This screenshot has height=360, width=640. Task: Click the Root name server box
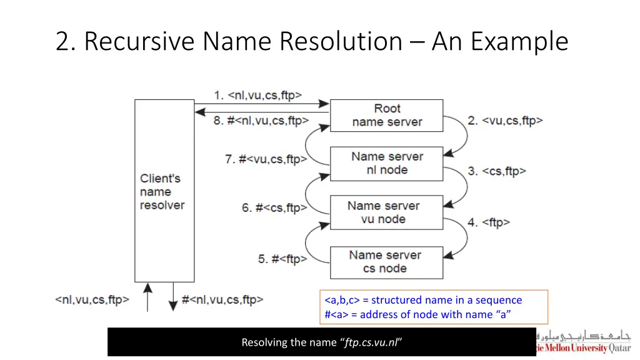coord(386,116)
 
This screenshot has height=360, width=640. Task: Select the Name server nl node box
coord(386,164)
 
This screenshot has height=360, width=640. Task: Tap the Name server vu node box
coord(386,212)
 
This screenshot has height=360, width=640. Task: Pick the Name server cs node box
coord(386,262)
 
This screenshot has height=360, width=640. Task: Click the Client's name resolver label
coord(162,192)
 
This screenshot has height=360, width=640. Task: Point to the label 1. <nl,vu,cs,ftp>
coord(257,96)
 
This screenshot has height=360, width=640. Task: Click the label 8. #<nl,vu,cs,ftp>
coord(261,121)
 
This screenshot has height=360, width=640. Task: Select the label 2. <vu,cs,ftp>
coord(506,121)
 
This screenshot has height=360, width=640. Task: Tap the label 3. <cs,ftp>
coord(497,171)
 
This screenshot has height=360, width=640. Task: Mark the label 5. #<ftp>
coord(282,259)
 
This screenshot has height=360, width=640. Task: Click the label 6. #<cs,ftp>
coord(274,208)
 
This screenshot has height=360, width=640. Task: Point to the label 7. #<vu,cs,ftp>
coord(266,159)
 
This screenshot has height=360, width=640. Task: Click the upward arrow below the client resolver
coord(147,297)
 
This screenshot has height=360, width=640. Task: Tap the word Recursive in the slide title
coord(142,42)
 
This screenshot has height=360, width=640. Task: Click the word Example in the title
coord(519,42)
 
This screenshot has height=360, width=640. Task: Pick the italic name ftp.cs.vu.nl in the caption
coord(372,342)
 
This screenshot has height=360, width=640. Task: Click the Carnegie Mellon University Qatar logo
coord(584,342)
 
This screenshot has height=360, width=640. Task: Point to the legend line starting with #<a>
coord(417,314)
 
